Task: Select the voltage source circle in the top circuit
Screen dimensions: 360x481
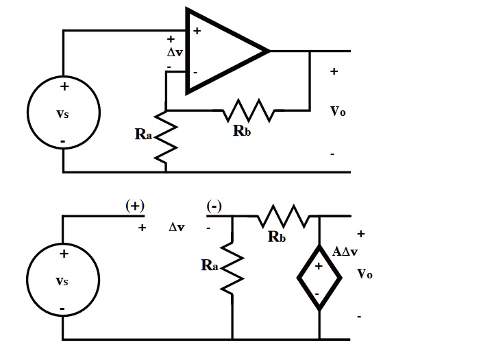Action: tap(63, 113)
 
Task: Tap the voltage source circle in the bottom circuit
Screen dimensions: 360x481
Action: tap(63, 281)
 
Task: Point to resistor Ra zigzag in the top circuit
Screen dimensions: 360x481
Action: tap(165, 137)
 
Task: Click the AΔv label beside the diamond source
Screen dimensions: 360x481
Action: tap(345, 252)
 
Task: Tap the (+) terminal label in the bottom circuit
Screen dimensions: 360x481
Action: tap(134, 206)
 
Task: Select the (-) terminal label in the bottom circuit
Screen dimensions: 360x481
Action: tap(214, 206)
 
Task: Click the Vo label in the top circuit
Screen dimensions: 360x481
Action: tap(337, 112)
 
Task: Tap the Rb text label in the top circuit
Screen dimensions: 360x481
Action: tap(241, 130)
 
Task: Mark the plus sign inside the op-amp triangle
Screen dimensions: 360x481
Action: tap(197, 31)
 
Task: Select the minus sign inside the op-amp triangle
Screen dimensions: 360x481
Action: tap(195, 71)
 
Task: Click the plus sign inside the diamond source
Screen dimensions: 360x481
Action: tap(318, 266)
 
